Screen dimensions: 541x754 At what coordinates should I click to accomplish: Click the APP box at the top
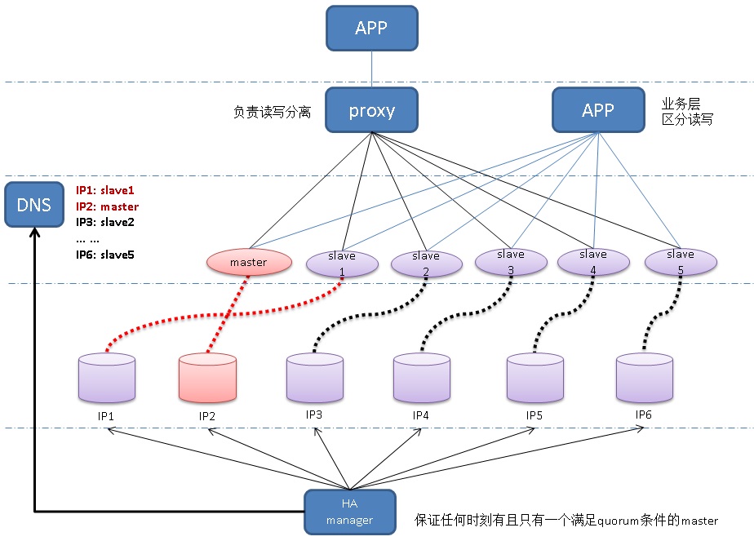[x=371, y=28]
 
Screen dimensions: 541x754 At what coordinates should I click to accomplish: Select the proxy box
[x=371, y=110]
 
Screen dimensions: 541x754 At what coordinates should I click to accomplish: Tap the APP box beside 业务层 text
[x=597, y=110]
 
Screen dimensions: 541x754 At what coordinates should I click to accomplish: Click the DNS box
[x=33, y=205]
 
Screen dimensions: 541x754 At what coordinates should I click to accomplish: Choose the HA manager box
[x=349, y=512]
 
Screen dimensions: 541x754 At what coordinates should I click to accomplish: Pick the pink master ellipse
[x=248, y=262]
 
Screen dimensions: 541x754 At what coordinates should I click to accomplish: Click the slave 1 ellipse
[x=342, y=262]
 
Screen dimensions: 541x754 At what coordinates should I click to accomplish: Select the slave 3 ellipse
[x=511, y=261]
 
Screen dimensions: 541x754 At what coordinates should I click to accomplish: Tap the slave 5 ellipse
[x=681, y=261]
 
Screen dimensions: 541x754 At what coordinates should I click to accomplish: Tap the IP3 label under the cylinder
[x=314, y=415]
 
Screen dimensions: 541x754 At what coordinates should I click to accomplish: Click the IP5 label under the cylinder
[x=534, y=415]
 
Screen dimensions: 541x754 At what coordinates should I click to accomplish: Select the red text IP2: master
[x=107, y=206]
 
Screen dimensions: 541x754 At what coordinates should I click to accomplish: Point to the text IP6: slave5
[x=104, y=255]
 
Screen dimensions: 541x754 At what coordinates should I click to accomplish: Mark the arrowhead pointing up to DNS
[x=34, y=233]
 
